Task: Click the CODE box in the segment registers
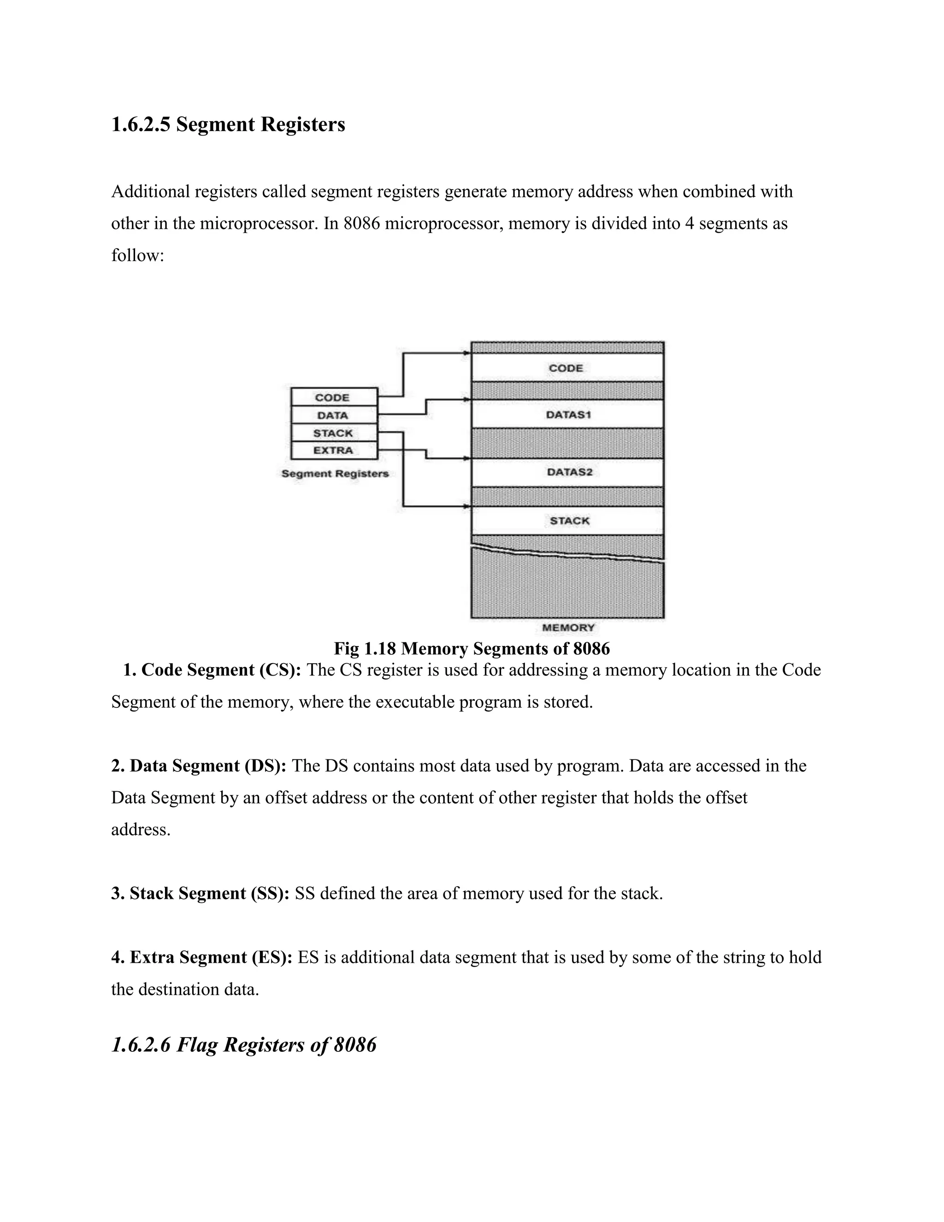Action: [x=334, y=397]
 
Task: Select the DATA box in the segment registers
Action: [x=334, y=415]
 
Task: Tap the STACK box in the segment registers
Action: [x=334, y=433]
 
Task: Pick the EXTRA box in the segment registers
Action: [x=334, y=451]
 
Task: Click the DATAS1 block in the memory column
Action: [x=567, y=415]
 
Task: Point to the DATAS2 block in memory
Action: [x=567, y=472]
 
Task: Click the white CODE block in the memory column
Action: [x=567, y=368]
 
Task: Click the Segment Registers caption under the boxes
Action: [x=335, y=474]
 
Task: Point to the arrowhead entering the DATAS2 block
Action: [x=466, y=459]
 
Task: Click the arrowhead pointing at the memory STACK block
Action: [x=466, y=507]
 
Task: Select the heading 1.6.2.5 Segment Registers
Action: [x=228, y=124]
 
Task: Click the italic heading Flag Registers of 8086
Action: [x=244, y=1044]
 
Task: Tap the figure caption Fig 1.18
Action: [x=472, y=648]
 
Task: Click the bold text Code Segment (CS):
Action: [x=221, y=670]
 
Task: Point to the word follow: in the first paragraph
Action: [x=137, y=256]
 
